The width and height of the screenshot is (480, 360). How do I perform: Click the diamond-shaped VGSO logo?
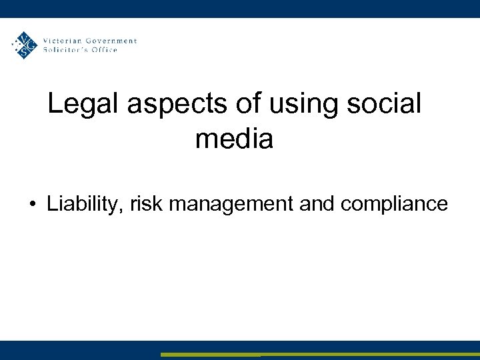pyautogui.click(x=25, y=45)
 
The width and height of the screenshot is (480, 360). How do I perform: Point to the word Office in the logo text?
pyautogui.click(x=105, y=50)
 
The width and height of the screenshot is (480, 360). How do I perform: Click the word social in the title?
pyautogui.click(x=387, y=104)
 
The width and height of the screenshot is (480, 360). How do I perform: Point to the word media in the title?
pyautogui.click(x=234, y=139)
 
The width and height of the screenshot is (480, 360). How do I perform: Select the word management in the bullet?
pyautogui.click(x=231, y=203)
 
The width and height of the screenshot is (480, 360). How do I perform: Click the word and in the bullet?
pyautogui.click(x=317, y=203)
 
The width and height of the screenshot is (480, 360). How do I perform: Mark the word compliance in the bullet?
pyautogui.click(x=394, y=203)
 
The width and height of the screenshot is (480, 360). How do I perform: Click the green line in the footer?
pyautogui.click(x=320, y=354)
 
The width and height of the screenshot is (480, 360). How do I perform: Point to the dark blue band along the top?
pyautogui.click(x=240, y=8)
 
